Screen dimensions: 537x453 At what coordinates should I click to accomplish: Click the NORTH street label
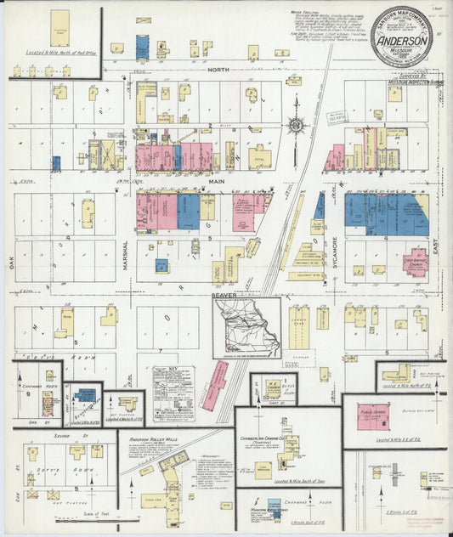220,71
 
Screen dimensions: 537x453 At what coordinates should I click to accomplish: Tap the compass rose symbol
296,125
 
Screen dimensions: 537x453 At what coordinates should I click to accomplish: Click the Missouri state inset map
246,326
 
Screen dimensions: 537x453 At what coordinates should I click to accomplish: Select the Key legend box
173,393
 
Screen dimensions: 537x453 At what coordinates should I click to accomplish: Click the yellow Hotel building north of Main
260,156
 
